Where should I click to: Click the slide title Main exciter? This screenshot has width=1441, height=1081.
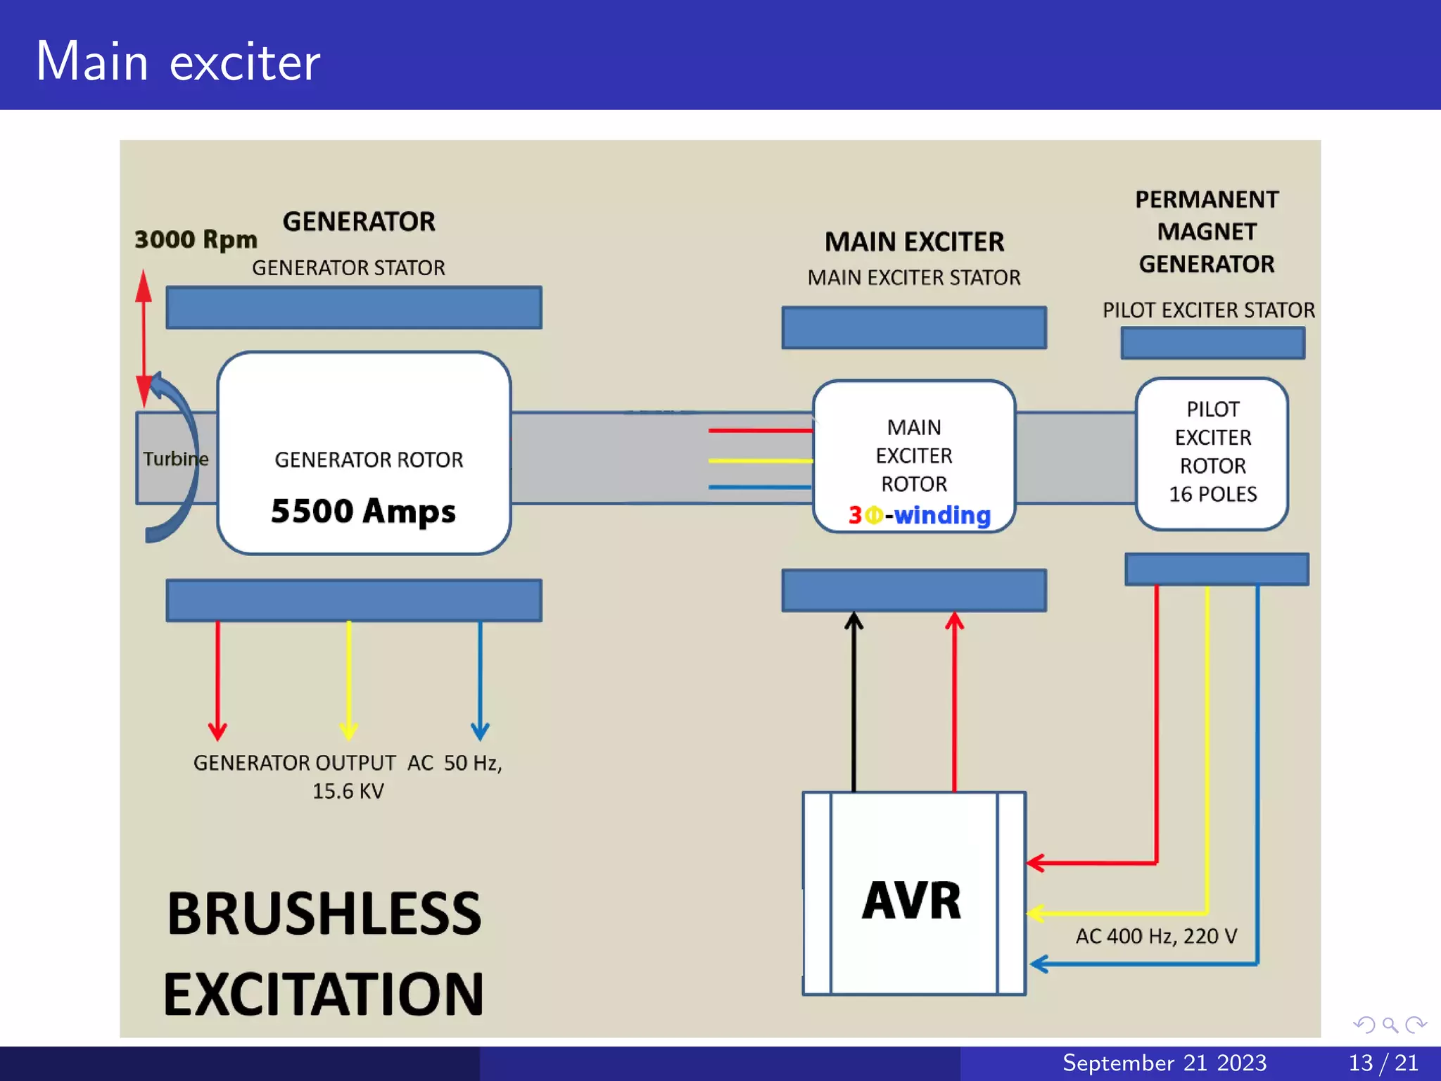point(177,62)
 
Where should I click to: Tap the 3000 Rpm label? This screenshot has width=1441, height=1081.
point(196,239)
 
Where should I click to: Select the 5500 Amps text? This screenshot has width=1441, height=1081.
point(363,511)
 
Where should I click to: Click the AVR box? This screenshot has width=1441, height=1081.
point(913,894)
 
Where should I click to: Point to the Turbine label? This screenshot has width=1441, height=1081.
point(175,459)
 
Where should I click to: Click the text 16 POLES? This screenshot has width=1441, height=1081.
point(1212,494)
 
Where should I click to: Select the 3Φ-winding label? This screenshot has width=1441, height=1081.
point(919,515)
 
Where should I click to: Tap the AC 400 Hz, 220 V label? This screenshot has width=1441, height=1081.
point(1156,936)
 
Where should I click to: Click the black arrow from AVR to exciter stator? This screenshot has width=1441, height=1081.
point(853,704)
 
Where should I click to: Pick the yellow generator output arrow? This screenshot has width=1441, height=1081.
point(349,679)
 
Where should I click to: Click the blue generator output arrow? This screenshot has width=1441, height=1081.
point(480,679)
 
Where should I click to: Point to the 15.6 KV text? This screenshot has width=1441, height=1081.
point(348,791)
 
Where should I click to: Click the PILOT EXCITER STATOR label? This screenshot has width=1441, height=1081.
point(1208,310)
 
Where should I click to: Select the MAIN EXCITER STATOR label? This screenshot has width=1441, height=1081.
point(913,278)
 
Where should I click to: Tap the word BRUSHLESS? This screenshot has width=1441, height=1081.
point(324,914)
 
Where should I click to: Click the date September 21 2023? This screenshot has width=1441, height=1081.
point(1164,1063)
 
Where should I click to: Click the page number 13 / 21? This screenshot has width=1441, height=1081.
point(1383,1063)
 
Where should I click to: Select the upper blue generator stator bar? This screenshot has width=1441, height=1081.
point(354,308)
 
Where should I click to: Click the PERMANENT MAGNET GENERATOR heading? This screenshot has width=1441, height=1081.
point(1207,232)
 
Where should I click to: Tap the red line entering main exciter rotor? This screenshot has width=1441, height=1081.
point(760,430)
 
